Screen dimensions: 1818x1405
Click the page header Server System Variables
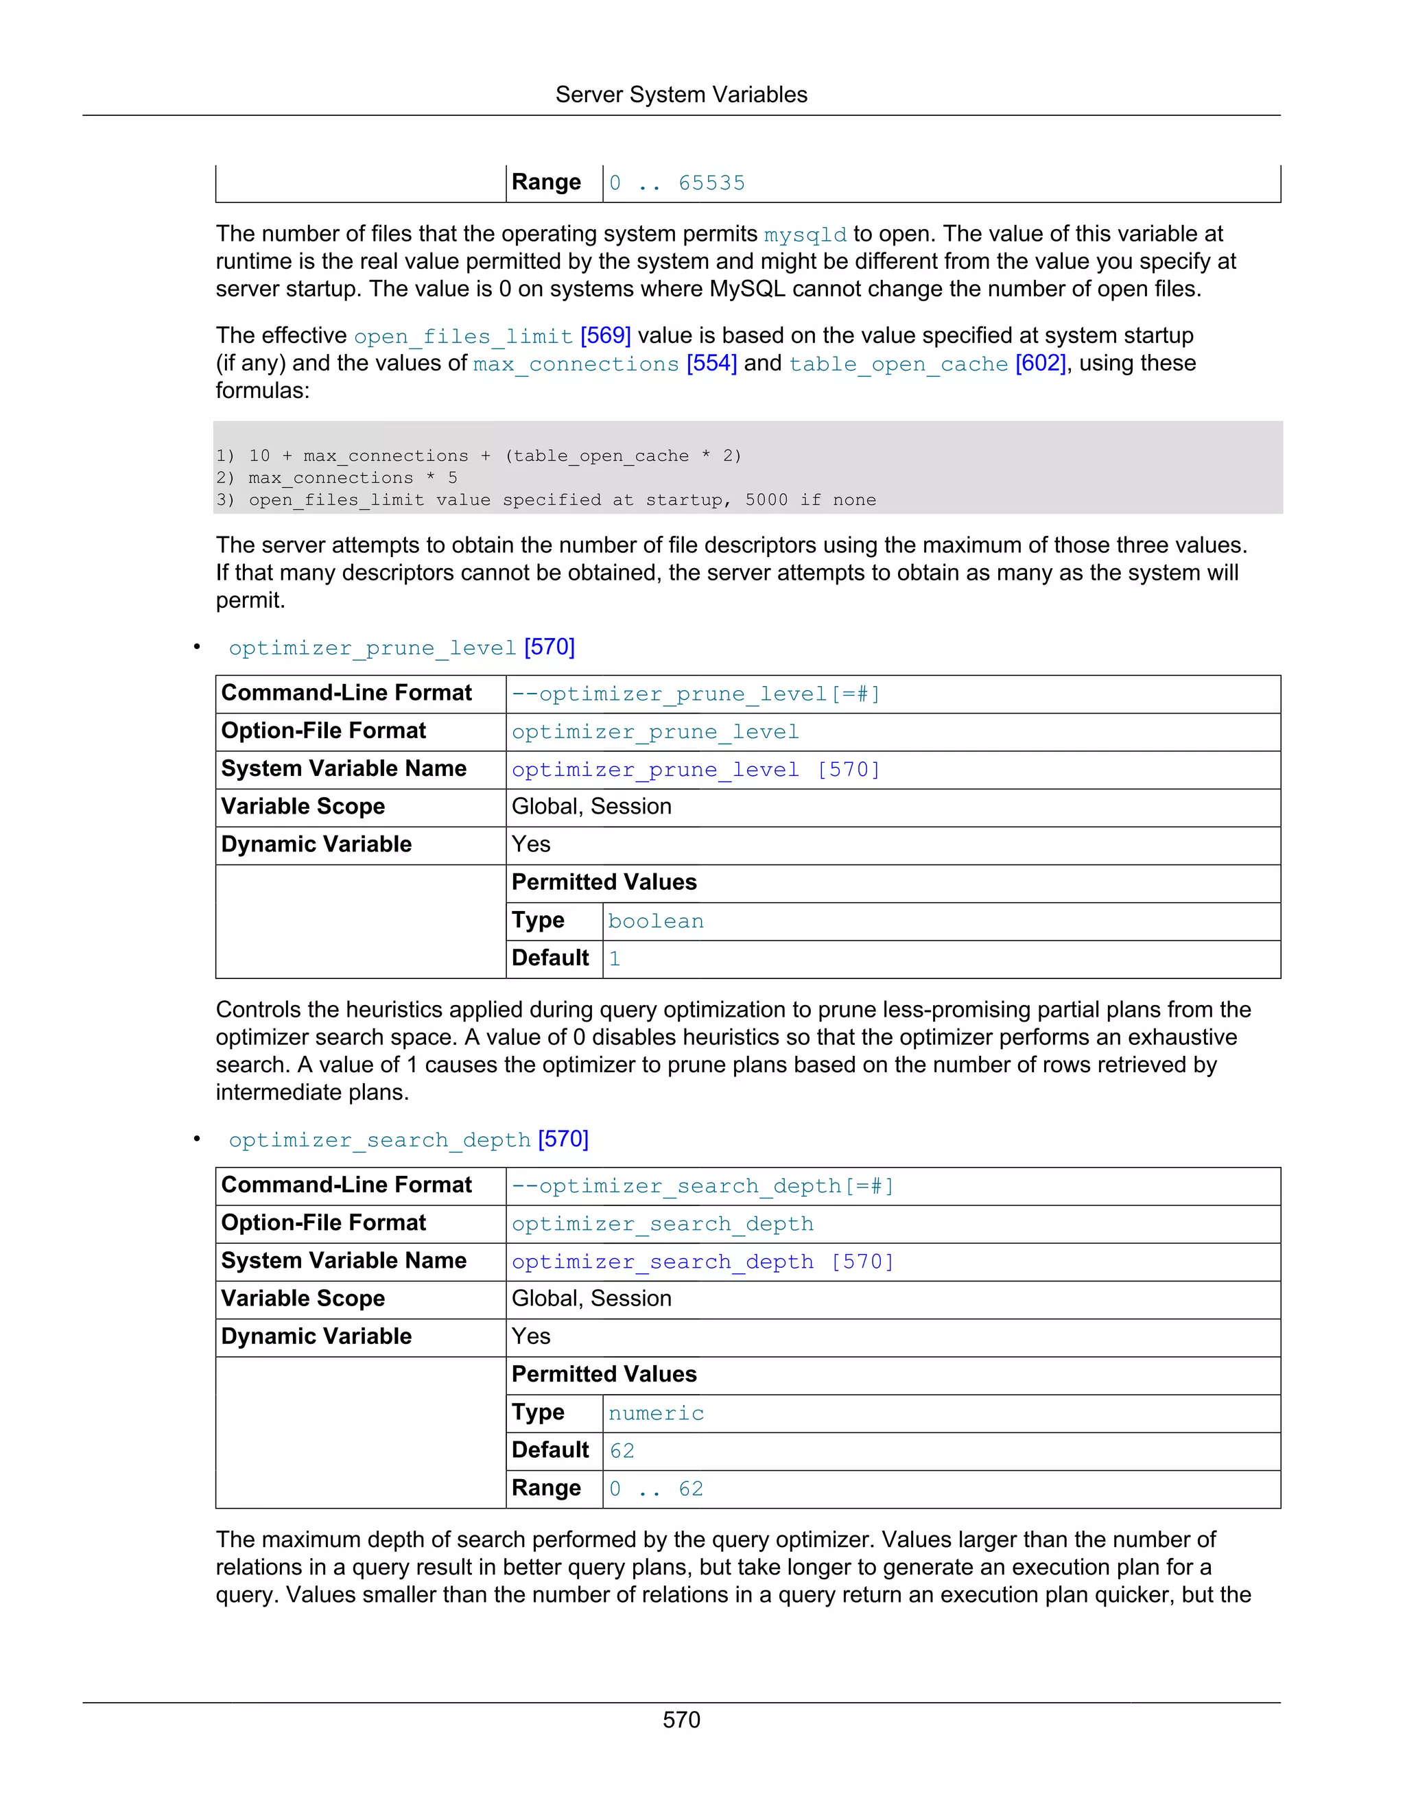tap(681, 95)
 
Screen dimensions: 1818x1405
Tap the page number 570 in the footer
tap(681, 1720)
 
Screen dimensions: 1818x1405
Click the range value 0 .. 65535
tap(676, 183)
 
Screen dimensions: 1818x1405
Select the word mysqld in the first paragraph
tap(805, 235)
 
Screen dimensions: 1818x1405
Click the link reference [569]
tap(605, 335)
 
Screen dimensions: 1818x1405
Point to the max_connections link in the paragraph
tap(576, 364)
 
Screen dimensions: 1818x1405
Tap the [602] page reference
tap(1039, 363)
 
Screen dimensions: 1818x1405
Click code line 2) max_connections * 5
tap(336, 477)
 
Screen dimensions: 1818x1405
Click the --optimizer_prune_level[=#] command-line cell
tap(695, 694)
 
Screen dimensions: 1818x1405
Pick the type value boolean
tap(656, 921)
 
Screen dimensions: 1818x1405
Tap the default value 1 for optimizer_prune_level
tap(614, 959)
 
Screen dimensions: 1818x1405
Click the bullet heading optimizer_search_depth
tap(379, 1140)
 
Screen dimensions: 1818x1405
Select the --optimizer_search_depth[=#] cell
tap(702, 1186)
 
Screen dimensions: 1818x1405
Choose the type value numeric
tap(656, 1413)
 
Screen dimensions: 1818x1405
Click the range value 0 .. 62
tap(656, 1489)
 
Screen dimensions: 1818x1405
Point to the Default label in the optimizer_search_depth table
tap(550, 1450)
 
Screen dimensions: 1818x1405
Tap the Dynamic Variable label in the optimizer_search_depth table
tap(316, 1337)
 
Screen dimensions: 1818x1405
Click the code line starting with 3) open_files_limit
tap(545, 500)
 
